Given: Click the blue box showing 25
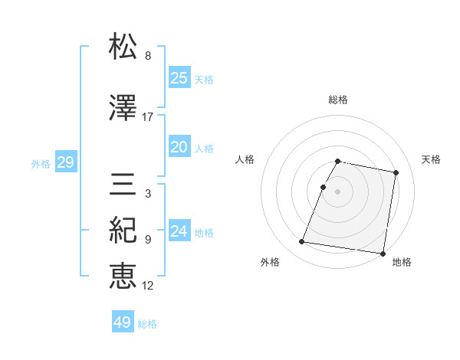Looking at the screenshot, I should coord(179,78).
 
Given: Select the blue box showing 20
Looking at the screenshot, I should coord(179,147).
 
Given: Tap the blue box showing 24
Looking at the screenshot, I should coord(179,231).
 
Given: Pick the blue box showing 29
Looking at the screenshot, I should coord(65,162).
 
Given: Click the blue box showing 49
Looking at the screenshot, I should coord(123,322).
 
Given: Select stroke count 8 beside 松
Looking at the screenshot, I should coord(148,56).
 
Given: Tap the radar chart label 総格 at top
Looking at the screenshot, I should coord(338,100).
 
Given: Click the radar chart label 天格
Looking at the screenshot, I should coord(431,159).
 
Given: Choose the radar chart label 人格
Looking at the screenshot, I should coord(245,159).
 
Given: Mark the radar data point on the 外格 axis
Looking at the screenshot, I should coord(302,242).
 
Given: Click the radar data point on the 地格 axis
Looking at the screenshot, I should coord(382,254).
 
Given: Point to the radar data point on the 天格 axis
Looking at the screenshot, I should coord(396,173).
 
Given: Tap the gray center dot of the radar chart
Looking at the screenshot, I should coord(338,191).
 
